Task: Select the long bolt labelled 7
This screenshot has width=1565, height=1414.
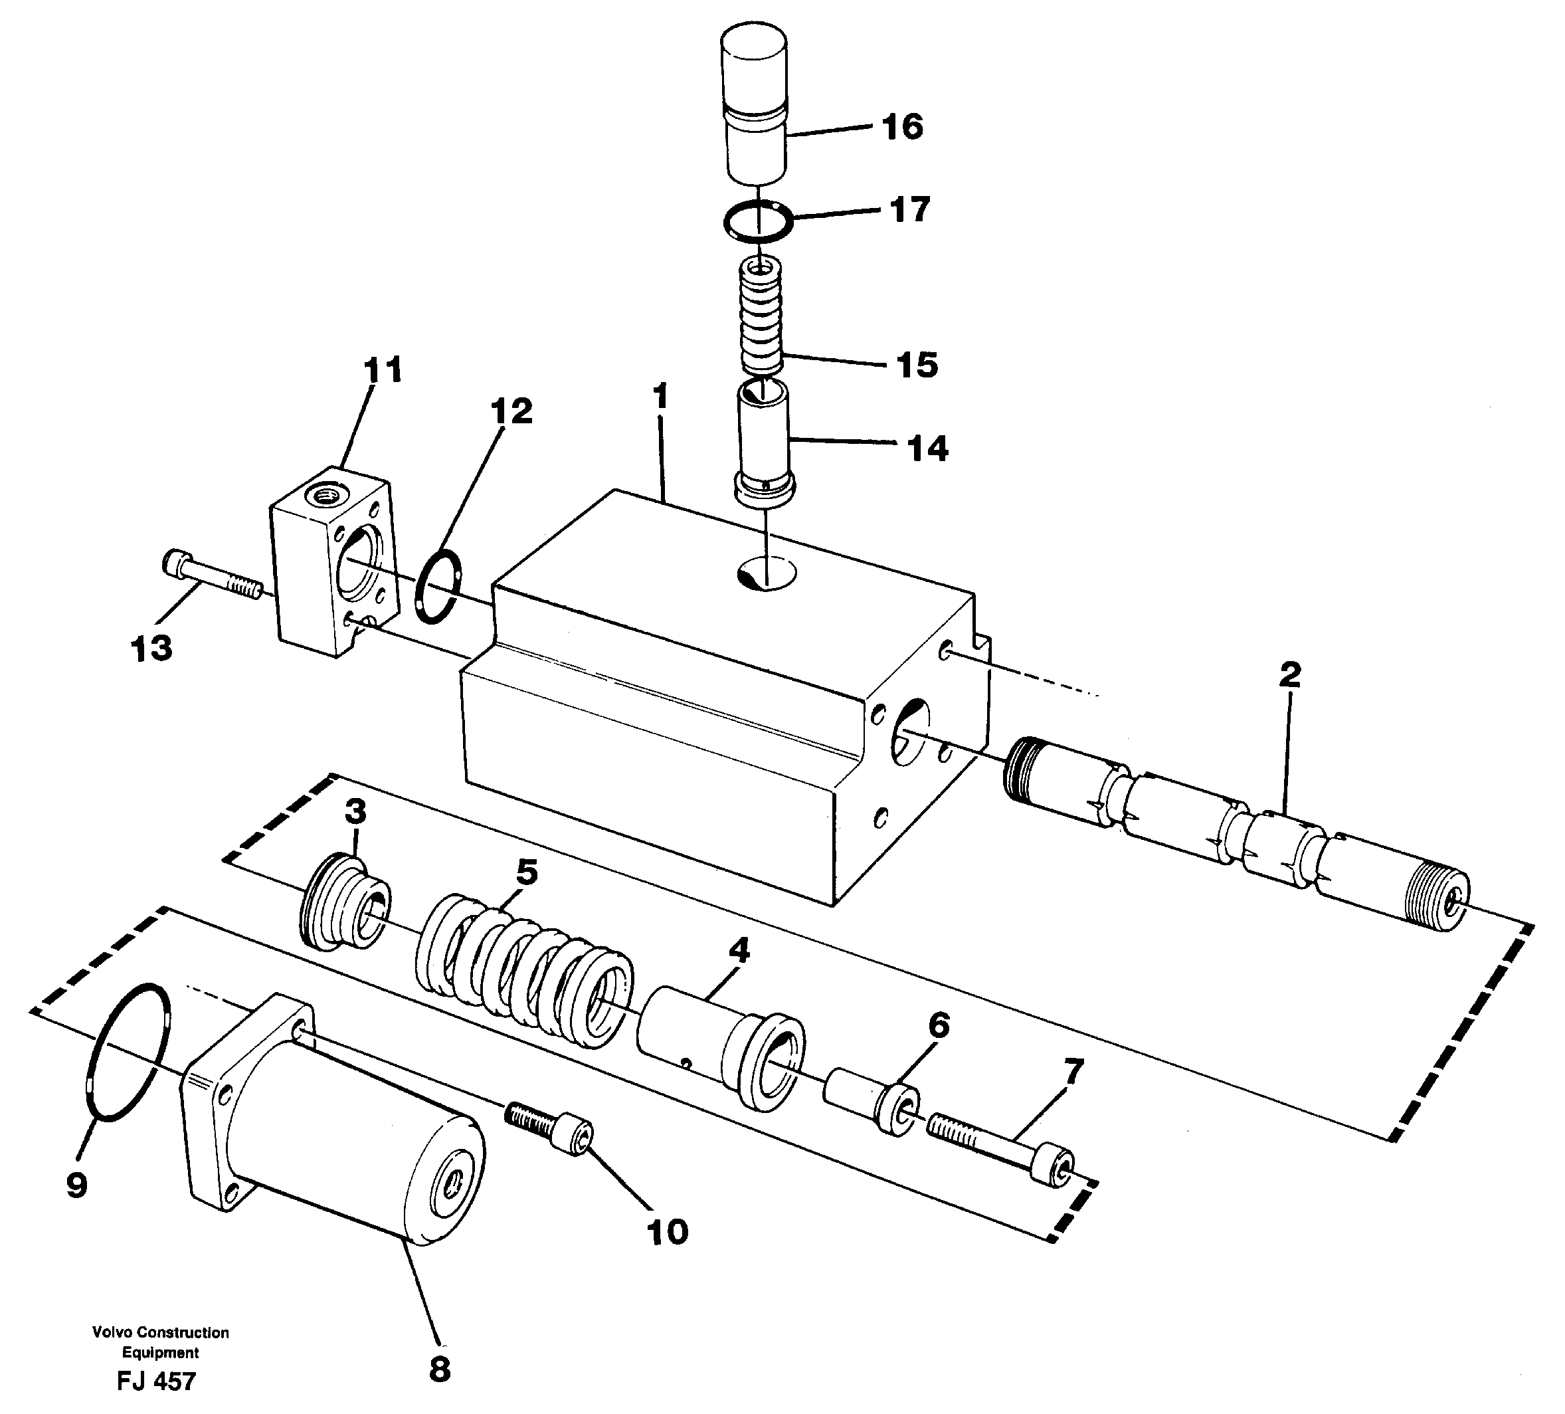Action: pos(1002,1148)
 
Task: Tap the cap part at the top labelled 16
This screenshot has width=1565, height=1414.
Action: pos(755,106)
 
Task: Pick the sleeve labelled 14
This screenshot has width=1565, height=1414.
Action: pos(763,443)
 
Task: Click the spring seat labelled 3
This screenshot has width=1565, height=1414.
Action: pos(345,904)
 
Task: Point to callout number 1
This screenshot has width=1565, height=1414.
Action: pos(661,397)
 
